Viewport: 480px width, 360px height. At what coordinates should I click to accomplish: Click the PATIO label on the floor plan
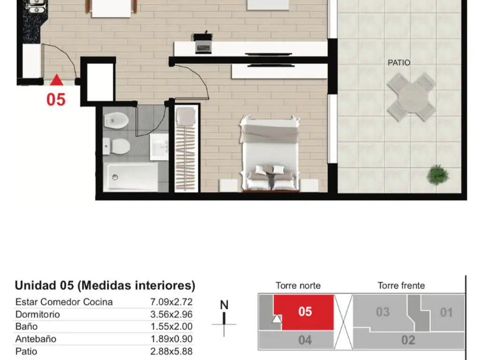[398, 63]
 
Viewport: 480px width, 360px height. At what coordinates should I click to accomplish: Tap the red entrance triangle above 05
[57, 80]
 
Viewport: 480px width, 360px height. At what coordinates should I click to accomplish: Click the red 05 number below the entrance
[56, 99]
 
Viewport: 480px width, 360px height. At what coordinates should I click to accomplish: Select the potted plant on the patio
[438, 175]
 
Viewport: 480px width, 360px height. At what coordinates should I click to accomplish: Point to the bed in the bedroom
[270, 153]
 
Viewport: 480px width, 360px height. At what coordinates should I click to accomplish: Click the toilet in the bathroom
[117, 146]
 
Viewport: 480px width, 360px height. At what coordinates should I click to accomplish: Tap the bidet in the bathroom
[116, 120]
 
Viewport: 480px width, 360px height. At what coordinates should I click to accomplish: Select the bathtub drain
[115, 177]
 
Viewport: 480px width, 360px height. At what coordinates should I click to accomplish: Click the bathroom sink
[159, 147]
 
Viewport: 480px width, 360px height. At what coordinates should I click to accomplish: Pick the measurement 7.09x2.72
[171, 302]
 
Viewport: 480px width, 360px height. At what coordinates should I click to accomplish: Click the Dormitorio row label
[37, 315]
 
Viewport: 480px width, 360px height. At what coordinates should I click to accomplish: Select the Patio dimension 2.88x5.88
[171, 351]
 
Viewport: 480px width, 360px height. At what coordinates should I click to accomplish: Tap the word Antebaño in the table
[36, 339]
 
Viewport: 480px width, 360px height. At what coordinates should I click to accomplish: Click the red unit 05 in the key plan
[305, 312]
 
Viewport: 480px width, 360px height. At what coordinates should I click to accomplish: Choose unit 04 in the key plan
[305, 340]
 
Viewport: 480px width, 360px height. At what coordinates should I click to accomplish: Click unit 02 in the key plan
[408, 340]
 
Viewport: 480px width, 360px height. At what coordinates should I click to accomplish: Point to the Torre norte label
[298, 285]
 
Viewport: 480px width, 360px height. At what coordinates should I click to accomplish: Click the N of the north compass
[224, 305]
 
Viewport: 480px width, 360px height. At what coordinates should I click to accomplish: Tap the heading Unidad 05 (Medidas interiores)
[105, 285]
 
